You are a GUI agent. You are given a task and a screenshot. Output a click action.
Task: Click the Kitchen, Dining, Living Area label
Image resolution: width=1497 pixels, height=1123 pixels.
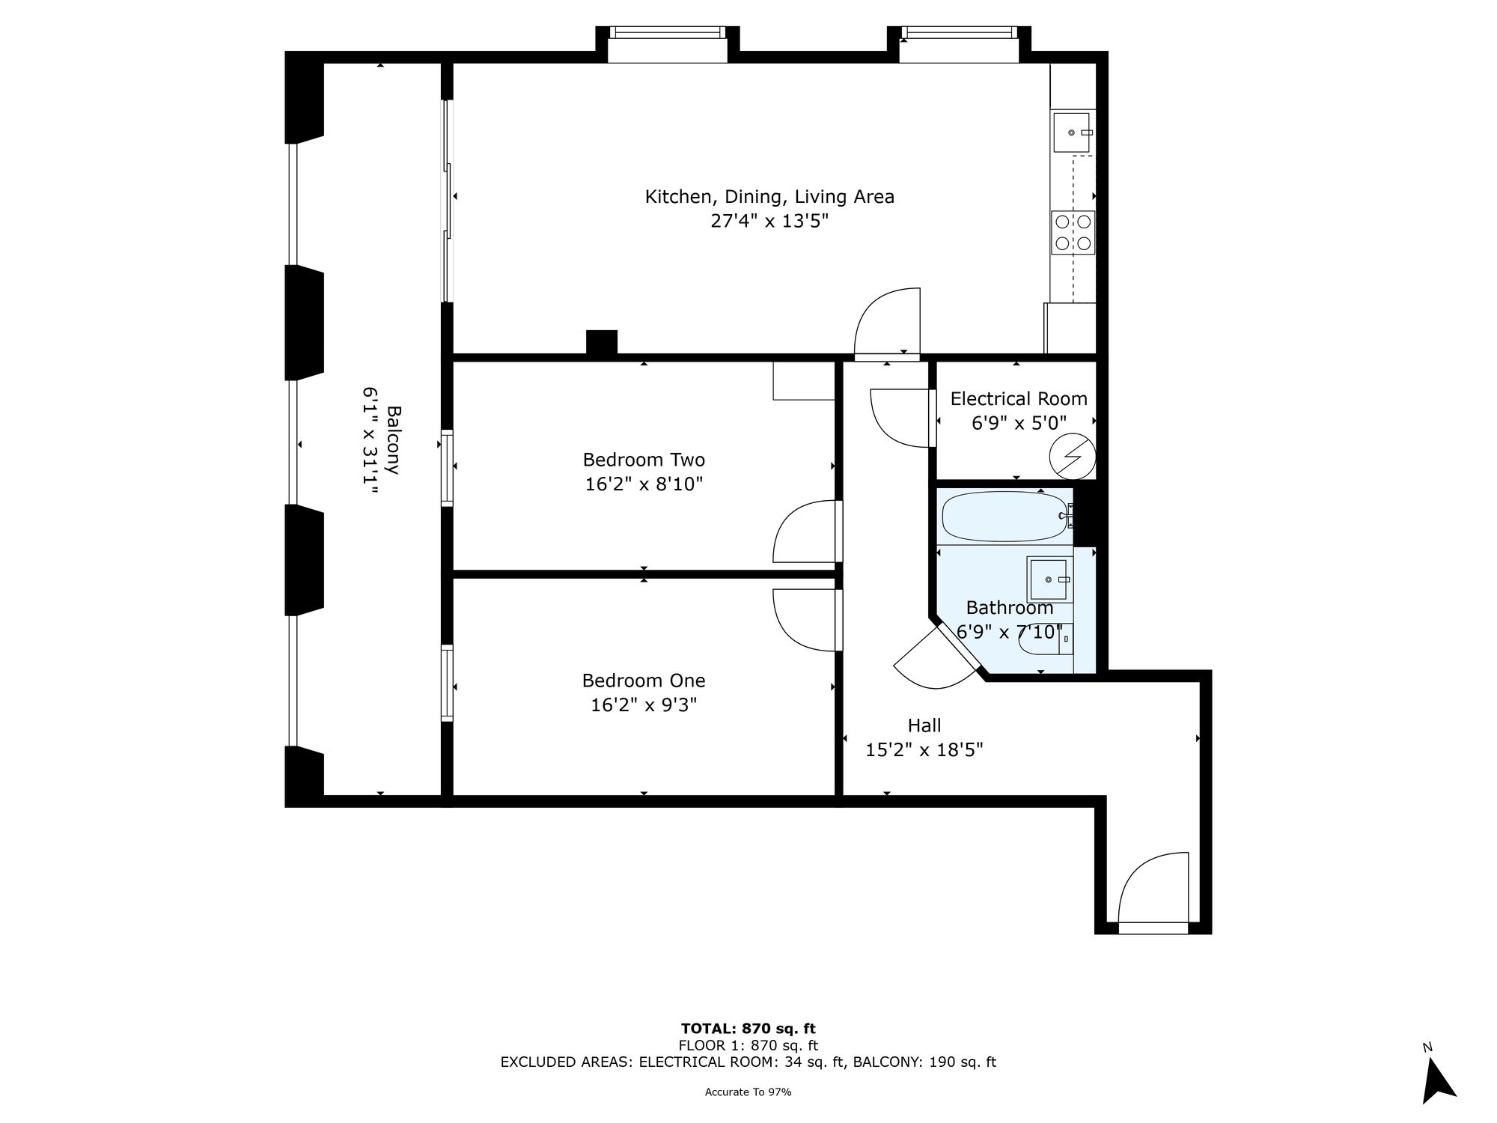pos(769,197)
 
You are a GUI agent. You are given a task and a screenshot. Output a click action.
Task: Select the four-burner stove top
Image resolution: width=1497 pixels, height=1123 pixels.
pos(1073,231)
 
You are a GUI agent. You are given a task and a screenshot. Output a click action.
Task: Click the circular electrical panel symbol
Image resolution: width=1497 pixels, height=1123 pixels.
pos(1072,456)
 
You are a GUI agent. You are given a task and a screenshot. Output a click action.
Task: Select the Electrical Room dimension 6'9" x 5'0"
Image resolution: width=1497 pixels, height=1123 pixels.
pos(1019,423)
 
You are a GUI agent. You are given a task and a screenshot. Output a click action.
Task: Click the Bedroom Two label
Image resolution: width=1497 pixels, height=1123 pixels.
pos(644,459)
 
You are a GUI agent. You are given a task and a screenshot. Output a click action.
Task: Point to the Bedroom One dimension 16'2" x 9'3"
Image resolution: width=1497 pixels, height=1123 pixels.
pos(644,704)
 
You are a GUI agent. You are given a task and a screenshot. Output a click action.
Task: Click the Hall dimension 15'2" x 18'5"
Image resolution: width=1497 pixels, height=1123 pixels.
pos(924,749)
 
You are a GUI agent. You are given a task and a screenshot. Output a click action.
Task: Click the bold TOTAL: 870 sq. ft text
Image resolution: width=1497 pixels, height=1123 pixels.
pos(748,1028)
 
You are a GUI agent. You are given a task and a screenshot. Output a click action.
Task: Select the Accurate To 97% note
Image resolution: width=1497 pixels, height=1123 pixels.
pos(748,1092)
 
